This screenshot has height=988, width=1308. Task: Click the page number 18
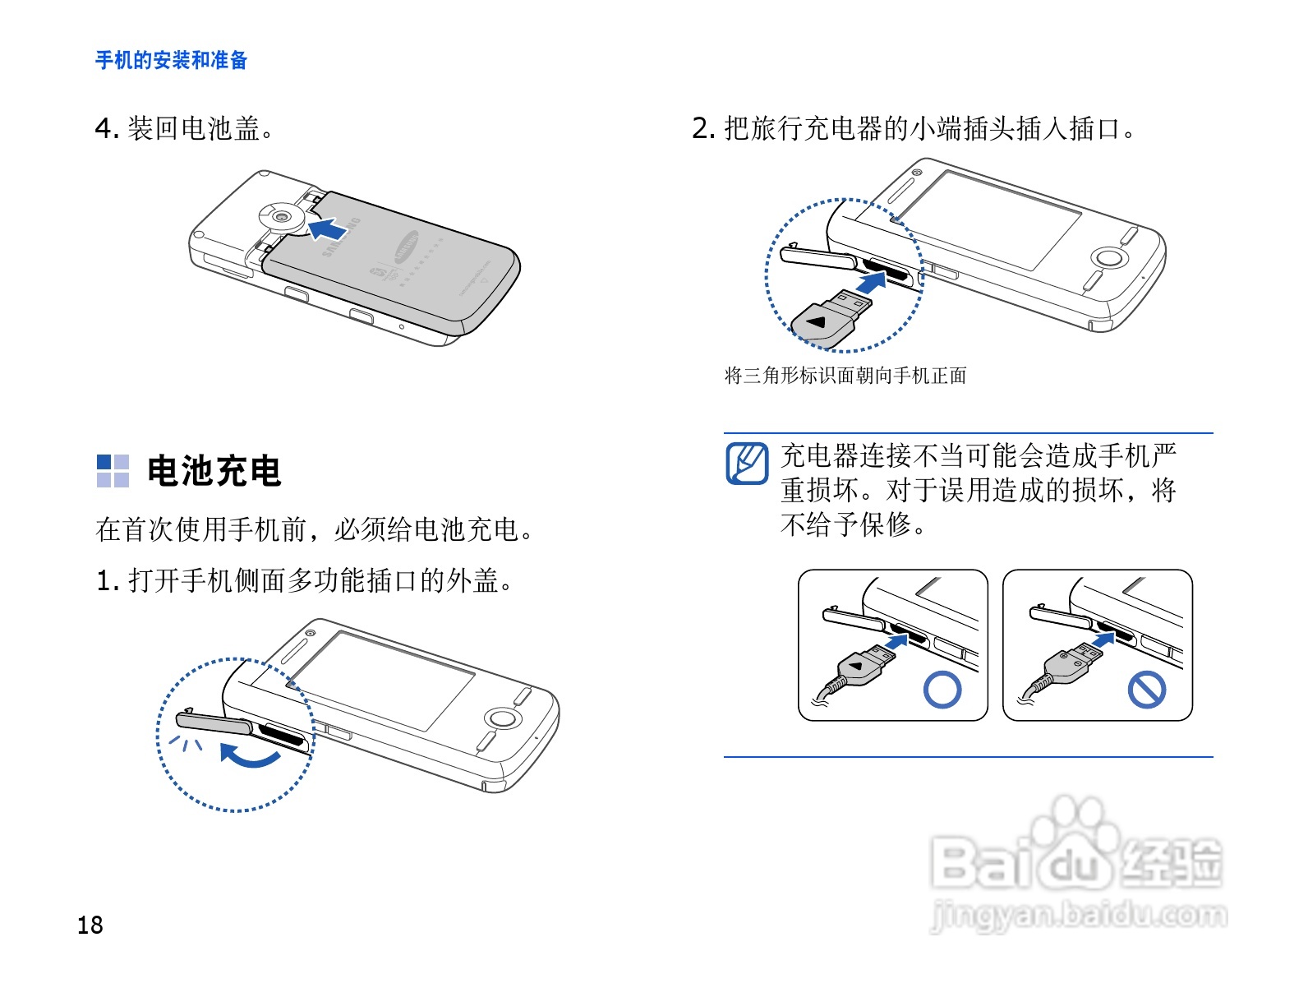(90, 925)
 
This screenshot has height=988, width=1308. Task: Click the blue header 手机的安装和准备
(171, 60)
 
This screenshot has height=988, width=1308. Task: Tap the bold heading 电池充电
(214, 471)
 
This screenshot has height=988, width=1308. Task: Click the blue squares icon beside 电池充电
(113, 471)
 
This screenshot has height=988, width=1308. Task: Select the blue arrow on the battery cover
(326, 229)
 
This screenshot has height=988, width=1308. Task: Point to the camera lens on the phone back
(283, 217)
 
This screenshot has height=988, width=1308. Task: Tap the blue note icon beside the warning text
(747, 463)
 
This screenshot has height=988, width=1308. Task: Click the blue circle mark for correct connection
(942, 690)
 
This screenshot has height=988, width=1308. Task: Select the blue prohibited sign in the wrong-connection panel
(1146, 690)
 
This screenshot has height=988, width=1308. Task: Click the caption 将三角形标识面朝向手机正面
(845, 376)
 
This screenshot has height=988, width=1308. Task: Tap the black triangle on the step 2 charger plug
(817, 321)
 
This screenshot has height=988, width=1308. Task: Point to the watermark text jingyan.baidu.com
(1079, 916)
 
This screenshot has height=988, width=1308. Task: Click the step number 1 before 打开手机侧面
(105, 580)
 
